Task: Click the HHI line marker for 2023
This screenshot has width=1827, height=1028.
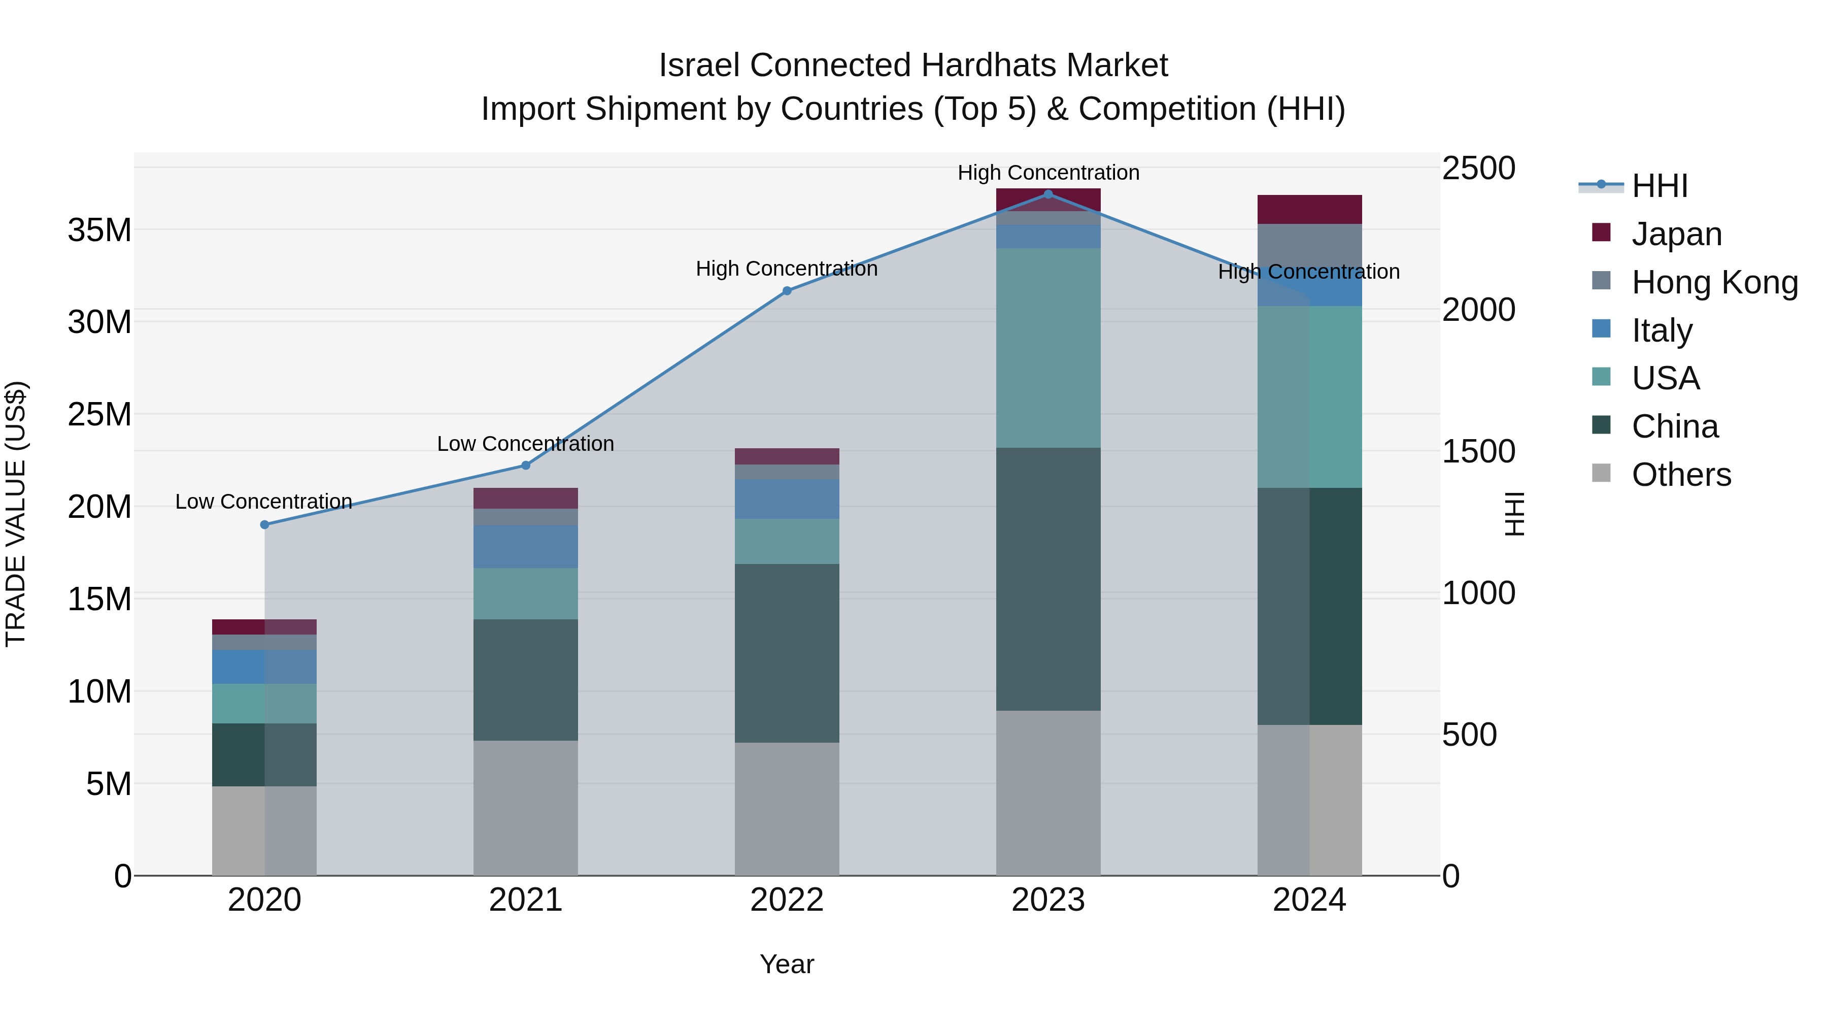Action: tap(1048, 194)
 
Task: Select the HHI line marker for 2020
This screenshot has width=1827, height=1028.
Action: tap(264, 525)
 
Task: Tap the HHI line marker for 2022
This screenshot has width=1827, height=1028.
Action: tap(787, 291)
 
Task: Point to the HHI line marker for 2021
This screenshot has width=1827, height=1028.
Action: tap(526, 466)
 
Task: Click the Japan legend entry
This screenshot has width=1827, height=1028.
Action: tap(1677, 234)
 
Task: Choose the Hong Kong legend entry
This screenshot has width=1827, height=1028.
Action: tap(1714, 282)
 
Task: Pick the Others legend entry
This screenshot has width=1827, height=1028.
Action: tap(1681, 474)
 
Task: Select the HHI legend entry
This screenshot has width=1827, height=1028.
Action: tap(1659, 186)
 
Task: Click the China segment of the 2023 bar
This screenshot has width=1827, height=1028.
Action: tap(1048, 578)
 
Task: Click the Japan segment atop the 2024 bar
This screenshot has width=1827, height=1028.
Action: tap(1309, 209)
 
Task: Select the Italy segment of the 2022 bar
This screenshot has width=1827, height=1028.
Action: tap(787, 499)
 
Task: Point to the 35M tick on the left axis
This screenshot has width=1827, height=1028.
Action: tap(99, 230)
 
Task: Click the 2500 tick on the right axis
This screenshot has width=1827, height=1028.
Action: tap(1479, 169)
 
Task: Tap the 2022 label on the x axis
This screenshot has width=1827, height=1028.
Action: tap(787, 900)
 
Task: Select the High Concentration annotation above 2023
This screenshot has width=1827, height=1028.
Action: tap(1048, 173)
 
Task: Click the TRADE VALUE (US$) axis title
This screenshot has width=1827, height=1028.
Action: tap(16, 514)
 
